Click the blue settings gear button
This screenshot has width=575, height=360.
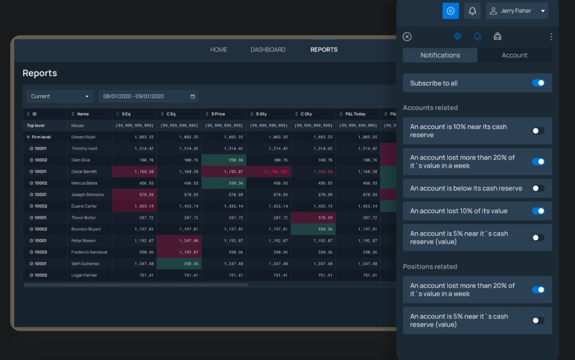point(450,11)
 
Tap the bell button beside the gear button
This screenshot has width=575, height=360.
point(472,11)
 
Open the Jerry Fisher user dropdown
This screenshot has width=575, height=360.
point(517,11)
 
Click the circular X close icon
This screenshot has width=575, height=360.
point(407,37)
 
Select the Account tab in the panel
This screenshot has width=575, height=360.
point(514,55)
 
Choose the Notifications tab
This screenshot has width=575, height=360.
point(440,55)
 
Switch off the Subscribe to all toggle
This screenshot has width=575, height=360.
point(538,83)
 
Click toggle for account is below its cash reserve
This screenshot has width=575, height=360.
point(538,188)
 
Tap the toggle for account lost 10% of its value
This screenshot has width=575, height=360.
point(538,211)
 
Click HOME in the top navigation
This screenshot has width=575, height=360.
point(219,50)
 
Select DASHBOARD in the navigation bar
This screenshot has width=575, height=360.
point(268,50)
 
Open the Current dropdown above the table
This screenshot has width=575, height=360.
point(59,96)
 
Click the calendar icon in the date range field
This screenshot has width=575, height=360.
point(193,96)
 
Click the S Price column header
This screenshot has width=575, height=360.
point(218,114)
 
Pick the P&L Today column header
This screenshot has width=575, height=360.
point(355,114)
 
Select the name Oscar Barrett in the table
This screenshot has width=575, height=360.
point(84,171)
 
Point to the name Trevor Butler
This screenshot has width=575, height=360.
point(84,218)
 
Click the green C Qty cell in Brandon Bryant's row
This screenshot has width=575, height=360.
point(313,229)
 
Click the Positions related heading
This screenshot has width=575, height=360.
point(430,267)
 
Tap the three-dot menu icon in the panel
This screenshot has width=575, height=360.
point(551,37)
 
